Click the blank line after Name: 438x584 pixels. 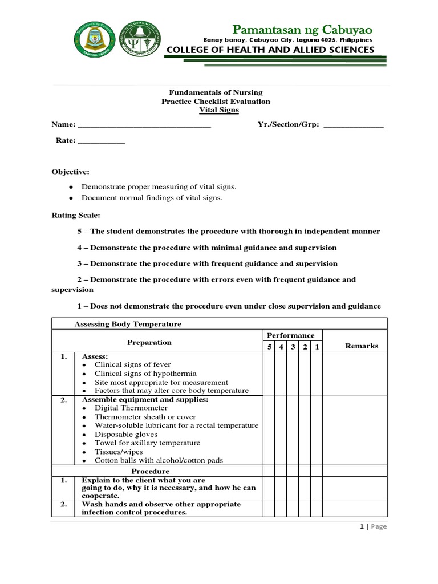pos(144,125)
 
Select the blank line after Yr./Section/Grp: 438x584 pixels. pos(354,125)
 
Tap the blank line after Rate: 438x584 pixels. pos(100,141)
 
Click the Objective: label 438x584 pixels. pos(70,172)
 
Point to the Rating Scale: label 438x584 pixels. pos(76,215)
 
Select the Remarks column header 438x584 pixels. pos(362,346)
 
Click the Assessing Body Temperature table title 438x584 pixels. pos(128,324)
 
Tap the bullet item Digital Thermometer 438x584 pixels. pos(131,408)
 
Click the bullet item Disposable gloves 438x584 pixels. pos(126,435)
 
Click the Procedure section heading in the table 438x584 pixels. pos(151,471)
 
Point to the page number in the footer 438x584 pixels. pos(362,526)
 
